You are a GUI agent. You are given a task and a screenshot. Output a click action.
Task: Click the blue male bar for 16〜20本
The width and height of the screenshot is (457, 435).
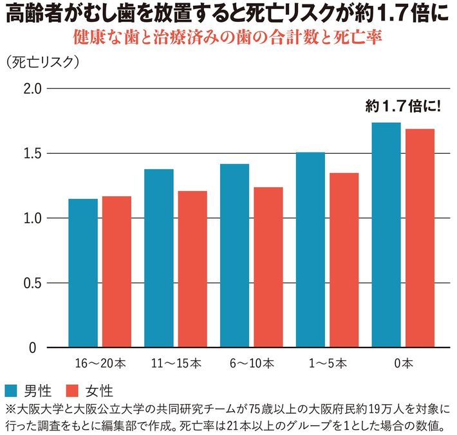(83, 273)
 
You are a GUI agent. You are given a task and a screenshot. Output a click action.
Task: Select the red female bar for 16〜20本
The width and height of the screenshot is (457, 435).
(117, 272)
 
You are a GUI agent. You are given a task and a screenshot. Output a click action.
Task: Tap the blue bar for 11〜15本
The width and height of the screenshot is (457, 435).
(159, 258)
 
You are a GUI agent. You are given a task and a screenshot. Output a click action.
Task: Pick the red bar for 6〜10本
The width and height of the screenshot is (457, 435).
(268, 267)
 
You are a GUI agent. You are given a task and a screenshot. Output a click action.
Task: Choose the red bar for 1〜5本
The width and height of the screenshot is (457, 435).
(344, 260)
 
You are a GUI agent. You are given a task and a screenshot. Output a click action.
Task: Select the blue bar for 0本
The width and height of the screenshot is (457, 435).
(386, 235)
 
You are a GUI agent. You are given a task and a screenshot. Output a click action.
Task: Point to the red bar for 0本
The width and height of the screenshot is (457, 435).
(420, 238)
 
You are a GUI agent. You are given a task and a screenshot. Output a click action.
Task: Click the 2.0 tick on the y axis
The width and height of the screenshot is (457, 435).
(33, 89)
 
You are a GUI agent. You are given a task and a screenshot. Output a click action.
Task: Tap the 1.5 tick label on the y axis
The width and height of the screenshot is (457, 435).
(33, 154)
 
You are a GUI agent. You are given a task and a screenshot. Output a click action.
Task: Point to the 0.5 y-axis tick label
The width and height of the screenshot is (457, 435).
(33, 283)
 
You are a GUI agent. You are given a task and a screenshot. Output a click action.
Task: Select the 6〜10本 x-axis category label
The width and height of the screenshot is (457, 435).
(251, 363)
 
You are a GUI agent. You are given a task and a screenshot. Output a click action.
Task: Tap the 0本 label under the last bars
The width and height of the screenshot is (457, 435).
(403, 363)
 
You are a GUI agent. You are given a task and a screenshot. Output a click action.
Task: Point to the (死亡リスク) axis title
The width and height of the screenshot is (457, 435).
(43, 63)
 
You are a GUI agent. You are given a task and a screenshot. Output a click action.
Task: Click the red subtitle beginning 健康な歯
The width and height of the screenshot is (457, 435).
(228, 37)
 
